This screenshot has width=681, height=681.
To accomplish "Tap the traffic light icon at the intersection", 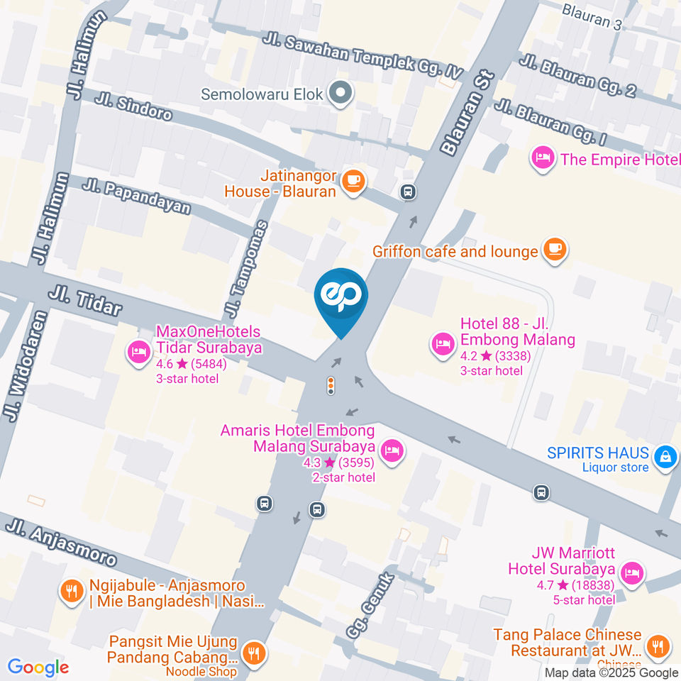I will (331, 386).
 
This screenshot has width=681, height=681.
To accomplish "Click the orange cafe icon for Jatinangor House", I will (353, 181).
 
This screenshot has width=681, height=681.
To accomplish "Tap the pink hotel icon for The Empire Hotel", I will (543, 158).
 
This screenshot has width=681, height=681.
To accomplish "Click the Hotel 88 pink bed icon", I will (443, 344).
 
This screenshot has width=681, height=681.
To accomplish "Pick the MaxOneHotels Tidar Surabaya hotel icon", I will (138, 350).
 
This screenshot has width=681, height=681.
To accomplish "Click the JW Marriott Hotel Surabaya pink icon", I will (631, 572).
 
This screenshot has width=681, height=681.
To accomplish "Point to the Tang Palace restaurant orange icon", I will (659, 646).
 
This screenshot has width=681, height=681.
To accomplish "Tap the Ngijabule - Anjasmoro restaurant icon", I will (70, 590).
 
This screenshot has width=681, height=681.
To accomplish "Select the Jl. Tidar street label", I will (85, 301).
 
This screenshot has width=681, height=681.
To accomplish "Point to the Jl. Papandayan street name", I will (137, 196).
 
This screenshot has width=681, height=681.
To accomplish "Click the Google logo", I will (38, 667).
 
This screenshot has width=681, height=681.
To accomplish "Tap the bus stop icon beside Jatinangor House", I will (408, 192).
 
